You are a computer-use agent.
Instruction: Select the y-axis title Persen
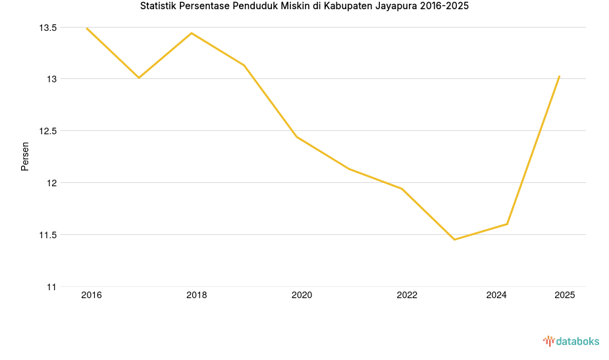(25, 156)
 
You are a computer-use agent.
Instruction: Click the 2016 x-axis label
(92, 296)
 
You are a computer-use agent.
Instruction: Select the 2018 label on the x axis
(196, 296)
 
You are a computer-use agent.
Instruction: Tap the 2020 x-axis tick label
(302, 296)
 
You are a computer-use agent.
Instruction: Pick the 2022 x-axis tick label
(407, 296)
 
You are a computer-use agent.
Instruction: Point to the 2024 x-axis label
(496, 296)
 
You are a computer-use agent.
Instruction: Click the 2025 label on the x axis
(564, 296)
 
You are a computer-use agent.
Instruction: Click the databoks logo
(571, 341)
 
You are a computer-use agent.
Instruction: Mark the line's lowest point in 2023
(454, 240)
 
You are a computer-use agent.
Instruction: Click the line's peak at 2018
(192, 33)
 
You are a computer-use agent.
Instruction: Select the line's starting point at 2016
(86, 28)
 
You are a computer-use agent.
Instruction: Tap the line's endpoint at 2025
(559, 76)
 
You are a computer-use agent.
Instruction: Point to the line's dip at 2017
(139, 78)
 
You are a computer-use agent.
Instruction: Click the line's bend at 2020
(296, 137)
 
